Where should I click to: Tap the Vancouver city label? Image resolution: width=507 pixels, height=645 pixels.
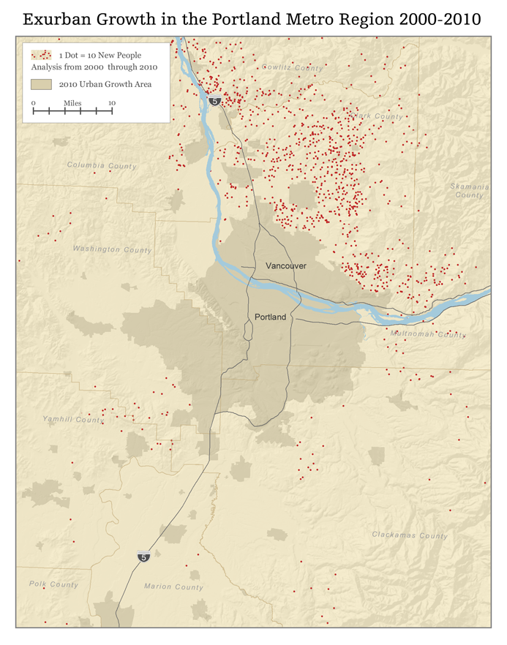[286, 265]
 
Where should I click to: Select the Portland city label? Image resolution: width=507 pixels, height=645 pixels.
[271, 317]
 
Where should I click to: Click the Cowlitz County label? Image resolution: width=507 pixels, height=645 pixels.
[292, 68]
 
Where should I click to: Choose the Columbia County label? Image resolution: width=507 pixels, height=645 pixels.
[102, 166]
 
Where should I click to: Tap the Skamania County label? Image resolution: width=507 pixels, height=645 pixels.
[469, 191]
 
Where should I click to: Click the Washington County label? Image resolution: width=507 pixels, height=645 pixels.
[112, 249]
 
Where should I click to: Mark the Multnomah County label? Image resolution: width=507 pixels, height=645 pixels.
[428, 334]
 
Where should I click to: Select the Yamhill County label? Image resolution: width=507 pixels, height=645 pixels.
[72, 420]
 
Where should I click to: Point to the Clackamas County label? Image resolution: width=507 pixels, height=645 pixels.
[409, 535]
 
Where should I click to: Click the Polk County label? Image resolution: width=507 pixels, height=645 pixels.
[53, 584]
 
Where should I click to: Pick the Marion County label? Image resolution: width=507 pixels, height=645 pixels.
[173, 586]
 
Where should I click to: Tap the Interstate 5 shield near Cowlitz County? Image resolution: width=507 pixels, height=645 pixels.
[214, 100]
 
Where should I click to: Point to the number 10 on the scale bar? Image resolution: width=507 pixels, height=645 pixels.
[112, 103]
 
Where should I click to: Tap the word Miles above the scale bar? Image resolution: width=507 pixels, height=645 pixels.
[72, 103]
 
